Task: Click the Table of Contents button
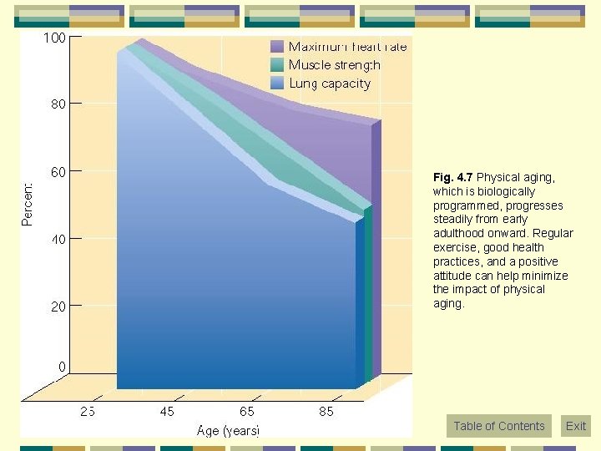point(498,426)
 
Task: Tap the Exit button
point(576,426)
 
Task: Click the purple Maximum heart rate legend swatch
point(277,47)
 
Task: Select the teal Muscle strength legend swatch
point(277,65)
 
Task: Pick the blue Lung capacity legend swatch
point(277,84)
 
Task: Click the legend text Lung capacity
point(330,84)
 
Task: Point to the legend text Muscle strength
point(334,65)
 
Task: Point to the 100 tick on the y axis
point(55,38)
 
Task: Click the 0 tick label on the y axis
point(62,367)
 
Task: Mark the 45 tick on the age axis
point(167,411)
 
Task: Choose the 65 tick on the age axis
point(247,411)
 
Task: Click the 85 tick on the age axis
point(326,411)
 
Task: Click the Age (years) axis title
point(228,431)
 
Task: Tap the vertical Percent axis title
point(28,204)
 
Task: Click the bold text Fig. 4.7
point(452,178)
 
